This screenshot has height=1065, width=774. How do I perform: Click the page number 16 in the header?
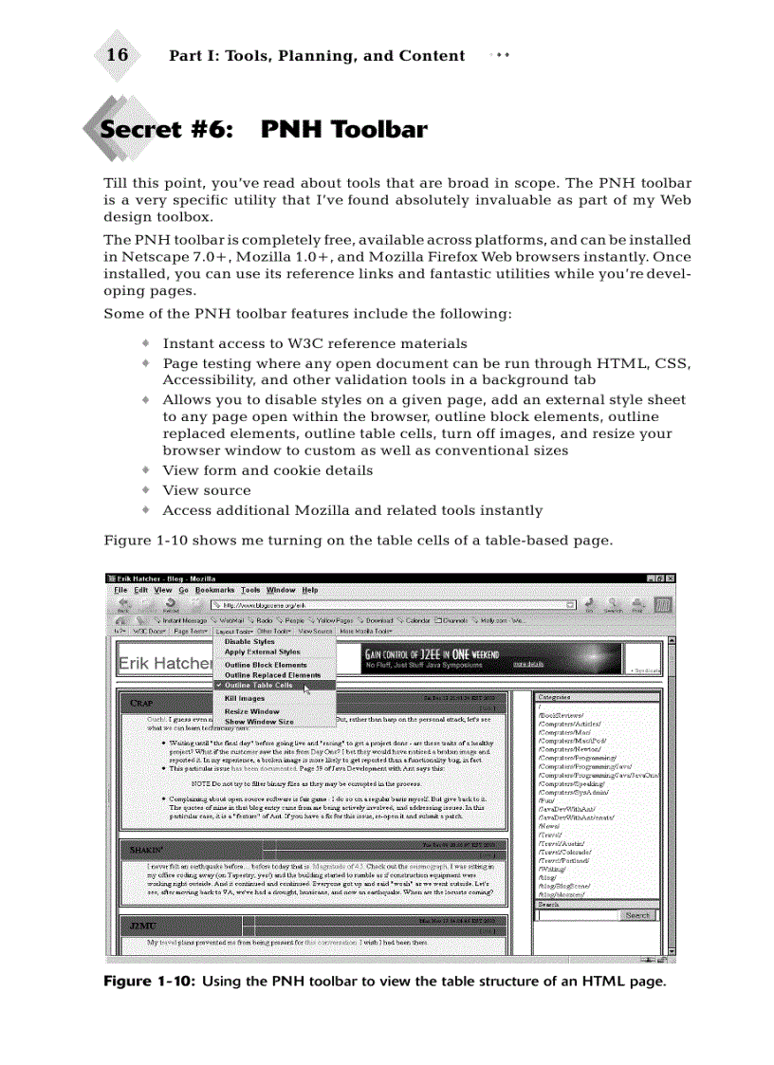[x=118, y=55]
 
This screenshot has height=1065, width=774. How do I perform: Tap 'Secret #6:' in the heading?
[x=166, y=130]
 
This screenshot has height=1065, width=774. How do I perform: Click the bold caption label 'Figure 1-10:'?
[x=150, y=981]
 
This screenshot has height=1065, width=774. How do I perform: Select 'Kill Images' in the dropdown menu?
[x=245, y=698]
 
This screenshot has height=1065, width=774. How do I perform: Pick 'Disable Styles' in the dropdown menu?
[x=249, y=642]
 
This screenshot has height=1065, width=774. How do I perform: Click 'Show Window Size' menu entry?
[x=259, y=722]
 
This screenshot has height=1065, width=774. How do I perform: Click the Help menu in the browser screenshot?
[x=310, y=590]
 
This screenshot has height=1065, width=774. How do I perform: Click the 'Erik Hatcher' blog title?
[x=164, y=664]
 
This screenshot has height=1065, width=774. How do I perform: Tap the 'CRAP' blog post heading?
[x=141, y=703]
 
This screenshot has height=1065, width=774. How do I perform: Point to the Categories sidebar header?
[x=555, y=697]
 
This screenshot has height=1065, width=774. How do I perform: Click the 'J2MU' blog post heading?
[x=144, y=925]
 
